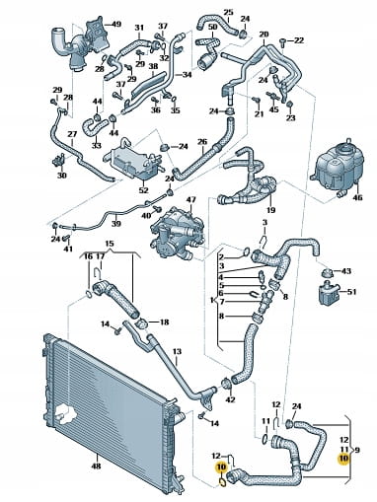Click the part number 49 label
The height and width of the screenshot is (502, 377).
[116, 24]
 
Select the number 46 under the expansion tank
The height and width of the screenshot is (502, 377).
[357, 198]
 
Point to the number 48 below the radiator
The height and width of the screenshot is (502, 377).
[96, 466]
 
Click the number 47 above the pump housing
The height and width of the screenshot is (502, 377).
[190, 199]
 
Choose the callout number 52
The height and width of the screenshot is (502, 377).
[144, 190]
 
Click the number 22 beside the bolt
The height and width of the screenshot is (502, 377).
[299, 40]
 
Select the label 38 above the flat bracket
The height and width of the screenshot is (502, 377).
[153, 66]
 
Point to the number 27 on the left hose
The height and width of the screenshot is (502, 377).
[72, 134]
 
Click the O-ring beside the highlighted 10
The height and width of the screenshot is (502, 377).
[223, 482]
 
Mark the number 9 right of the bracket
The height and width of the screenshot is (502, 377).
[357, 450]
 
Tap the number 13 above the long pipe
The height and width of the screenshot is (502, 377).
[177, 352]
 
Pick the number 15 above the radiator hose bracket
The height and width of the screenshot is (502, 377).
[110, 244]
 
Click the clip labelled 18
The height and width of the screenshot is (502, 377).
[142, 323]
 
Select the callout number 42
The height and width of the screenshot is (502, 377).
[231, 399]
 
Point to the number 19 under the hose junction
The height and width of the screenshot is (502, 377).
[271, 209]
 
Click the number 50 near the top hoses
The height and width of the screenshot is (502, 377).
[213, 26]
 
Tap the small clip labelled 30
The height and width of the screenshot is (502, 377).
[58, 161]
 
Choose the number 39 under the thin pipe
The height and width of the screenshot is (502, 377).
[116, 224]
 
